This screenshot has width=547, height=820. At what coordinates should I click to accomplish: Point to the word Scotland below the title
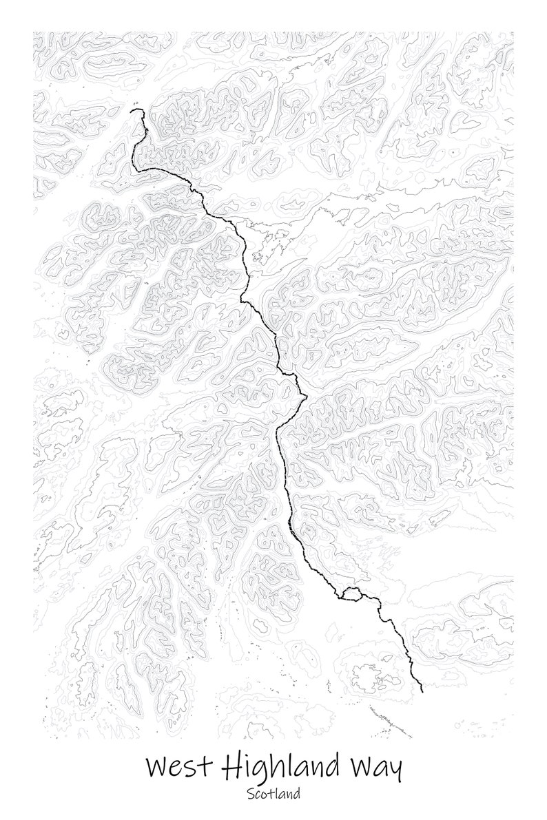(273, 794)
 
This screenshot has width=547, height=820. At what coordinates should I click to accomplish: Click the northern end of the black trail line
(132, 109)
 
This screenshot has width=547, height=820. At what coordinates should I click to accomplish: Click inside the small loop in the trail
(351, 594)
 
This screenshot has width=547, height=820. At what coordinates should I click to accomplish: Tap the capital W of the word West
(159, 767)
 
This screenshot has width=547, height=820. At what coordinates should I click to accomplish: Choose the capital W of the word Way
(362, 767)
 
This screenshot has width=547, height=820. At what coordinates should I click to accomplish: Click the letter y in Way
(394, 771)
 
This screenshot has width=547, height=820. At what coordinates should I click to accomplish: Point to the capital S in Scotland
(250, 794)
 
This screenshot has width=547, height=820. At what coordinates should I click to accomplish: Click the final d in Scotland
(297, 794)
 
